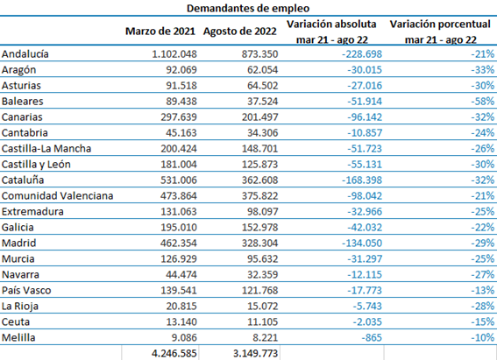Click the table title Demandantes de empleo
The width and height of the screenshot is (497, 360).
point(248,8)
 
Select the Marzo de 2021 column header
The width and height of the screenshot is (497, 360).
point(160,32)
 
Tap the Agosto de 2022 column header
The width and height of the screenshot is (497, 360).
point(240,32)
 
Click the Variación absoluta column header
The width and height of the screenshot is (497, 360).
point(331,24)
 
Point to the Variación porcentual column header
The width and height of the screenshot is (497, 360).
point(440,24)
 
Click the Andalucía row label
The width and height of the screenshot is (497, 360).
point(25,54)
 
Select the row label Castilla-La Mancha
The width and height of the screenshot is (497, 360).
point(46,149)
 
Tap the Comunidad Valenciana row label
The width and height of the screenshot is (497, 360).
point(57,195)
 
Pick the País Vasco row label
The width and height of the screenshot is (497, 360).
point(26,290)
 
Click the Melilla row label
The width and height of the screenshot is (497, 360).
point(18,337)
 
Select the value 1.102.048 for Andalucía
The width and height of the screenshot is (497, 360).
point(174,54)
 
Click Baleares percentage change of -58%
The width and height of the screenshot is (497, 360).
point(482,102)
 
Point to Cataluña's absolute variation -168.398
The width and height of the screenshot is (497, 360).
point(362,180)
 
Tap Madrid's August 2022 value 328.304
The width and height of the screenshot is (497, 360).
point(260,244)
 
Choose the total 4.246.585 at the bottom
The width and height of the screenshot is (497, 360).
point(174,353)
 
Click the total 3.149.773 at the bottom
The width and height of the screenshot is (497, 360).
point(255,353)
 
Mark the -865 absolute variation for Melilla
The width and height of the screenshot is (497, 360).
point(372,337)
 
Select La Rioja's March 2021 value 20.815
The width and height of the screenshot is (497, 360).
point(181,307)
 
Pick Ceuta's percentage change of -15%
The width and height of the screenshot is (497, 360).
point(482,322)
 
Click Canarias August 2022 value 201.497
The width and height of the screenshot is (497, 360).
point(260,117)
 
